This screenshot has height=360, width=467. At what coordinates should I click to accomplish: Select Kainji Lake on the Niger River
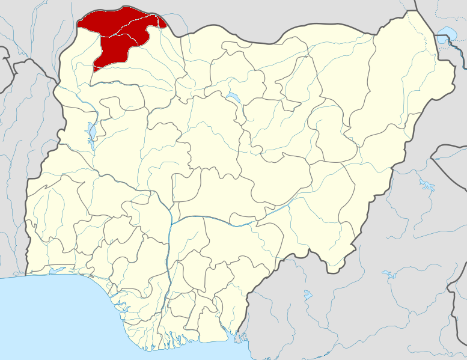tap(91, 131)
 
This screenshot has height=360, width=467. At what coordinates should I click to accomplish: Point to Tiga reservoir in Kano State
tap(232, 97)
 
